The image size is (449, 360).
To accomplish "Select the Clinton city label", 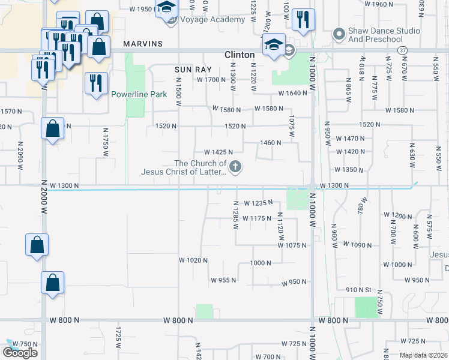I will (x=240, y=54).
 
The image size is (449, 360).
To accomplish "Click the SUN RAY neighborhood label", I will (x=190, y=70).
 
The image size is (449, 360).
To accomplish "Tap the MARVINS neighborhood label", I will (x=143, y=44).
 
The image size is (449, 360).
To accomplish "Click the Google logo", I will (x=20, y=352).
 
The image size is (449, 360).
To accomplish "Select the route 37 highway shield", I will (x=402, y=49).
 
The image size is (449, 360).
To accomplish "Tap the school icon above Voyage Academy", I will (x=166, y=8).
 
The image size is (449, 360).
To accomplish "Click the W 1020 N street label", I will (x=193, y=260).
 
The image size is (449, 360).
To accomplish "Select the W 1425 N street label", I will (x=218, y=152).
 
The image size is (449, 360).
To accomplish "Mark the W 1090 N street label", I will (x=359, y=245).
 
